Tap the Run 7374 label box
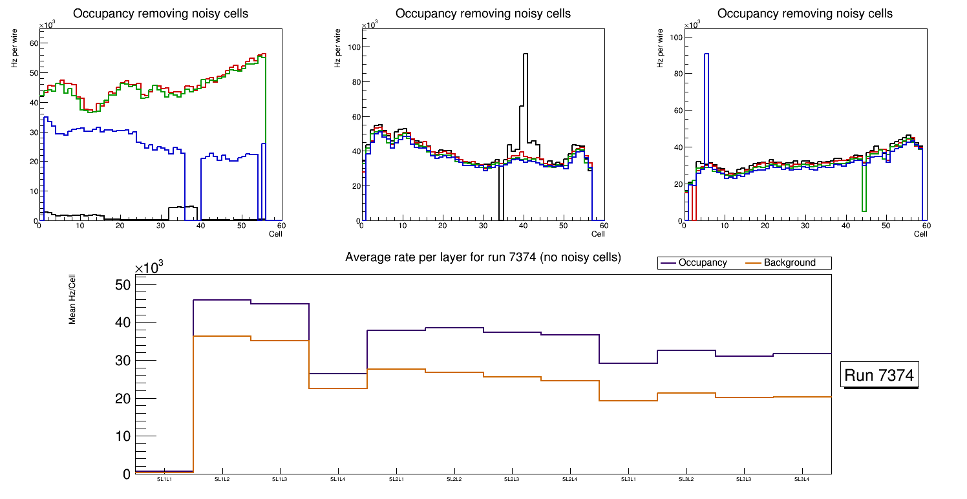click(x=880, y=375)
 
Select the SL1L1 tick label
click(x=164, y=480)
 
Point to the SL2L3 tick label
click(x=512, y=480)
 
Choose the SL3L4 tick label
click(x=802, y=480)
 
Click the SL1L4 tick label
click(x=338, y=480)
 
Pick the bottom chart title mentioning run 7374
click(x=483, y=257)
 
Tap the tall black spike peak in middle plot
click(x=526, y=55)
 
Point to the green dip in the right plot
click(x=864, y=208)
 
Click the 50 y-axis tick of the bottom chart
click(x=123, y=285)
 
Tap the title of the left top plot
click(x=160, y=14)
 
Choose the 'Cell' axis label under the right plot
click(x=920, y=234)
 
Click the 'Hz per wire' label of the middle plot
click(x=337, y=53)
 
